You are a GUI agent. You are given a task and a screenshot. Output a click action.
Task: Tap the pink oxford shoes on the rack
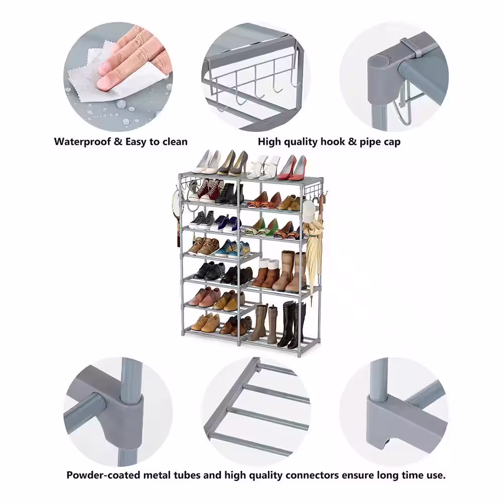pyautogui.click(x=204, y=297)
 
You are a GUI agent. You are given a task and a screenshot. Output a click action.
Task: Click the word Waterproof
pyautogui.click(x=82, y=142)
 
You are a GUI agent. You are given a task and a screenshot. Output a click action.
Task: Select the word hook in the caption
pyautogui.click(x=333, y=142)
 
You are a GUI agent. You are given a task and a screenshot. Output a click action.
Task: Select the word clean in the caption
pyautogui.click(x=175, y=142)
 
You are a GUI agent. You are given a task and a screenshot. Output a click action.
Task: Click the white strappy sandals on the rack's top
pyautogui.click(x=263, y=167)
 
